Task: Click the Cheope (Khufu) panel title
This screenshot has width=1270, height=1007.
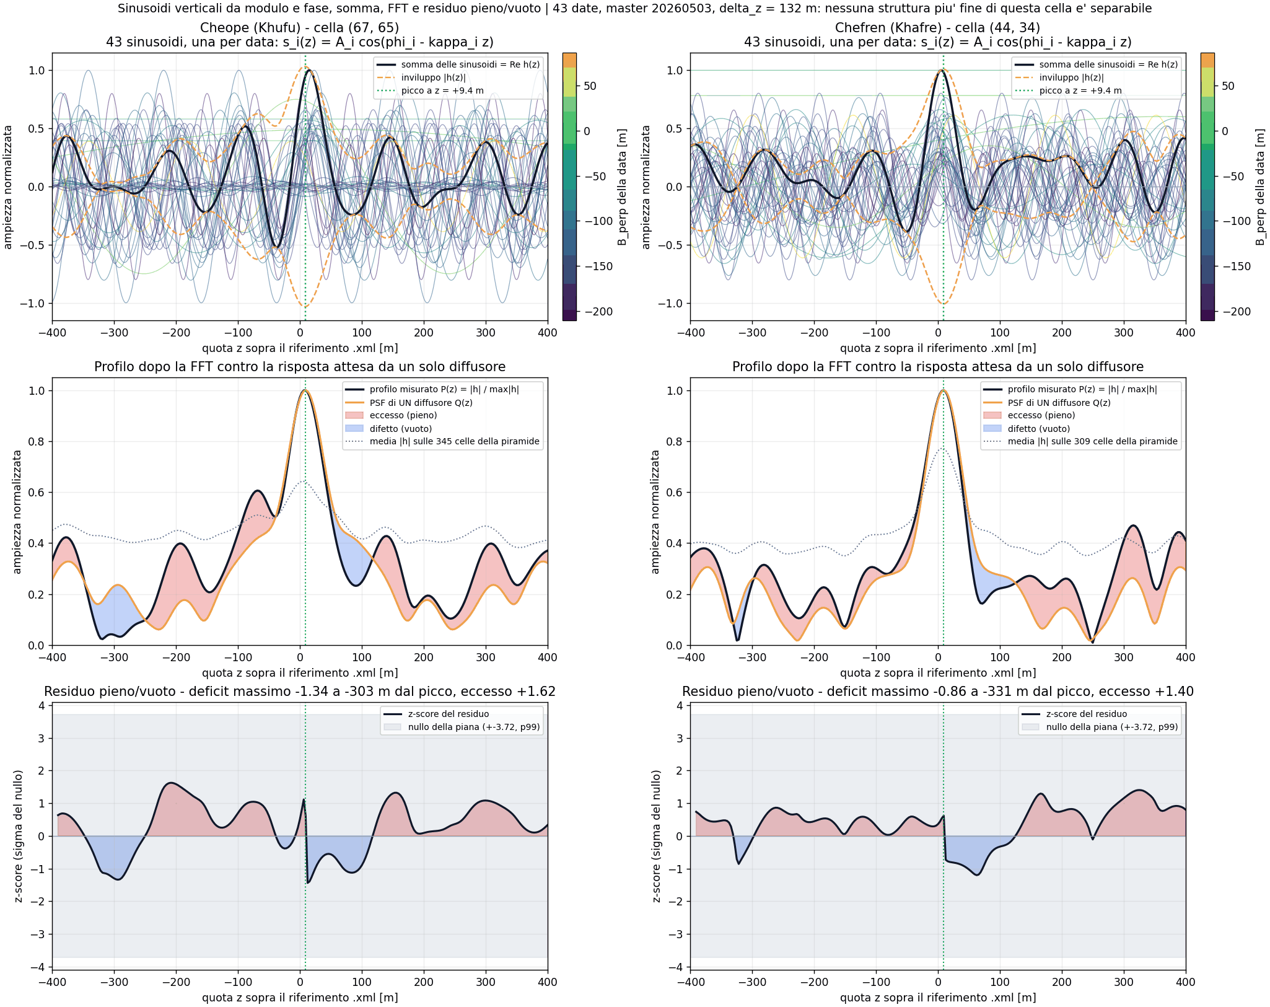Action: point(300,28)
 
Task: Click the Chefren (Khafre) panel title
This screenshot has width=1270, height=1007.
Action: point(938,28)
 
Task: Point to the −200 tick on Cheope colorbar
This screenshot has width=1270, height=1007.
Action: point(598,312)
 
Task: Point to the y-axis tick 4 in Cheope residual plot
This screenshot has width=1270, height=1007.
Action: point(41,706)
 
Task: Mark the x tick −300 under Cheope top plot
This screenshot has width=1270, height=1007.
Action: point(114,333)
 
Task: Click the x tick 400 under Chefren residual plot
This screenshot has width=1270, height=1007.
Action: point(1186,982)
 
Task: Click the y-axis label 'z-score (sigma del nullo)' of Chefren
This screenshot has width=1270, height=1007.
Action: point(657,836)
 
